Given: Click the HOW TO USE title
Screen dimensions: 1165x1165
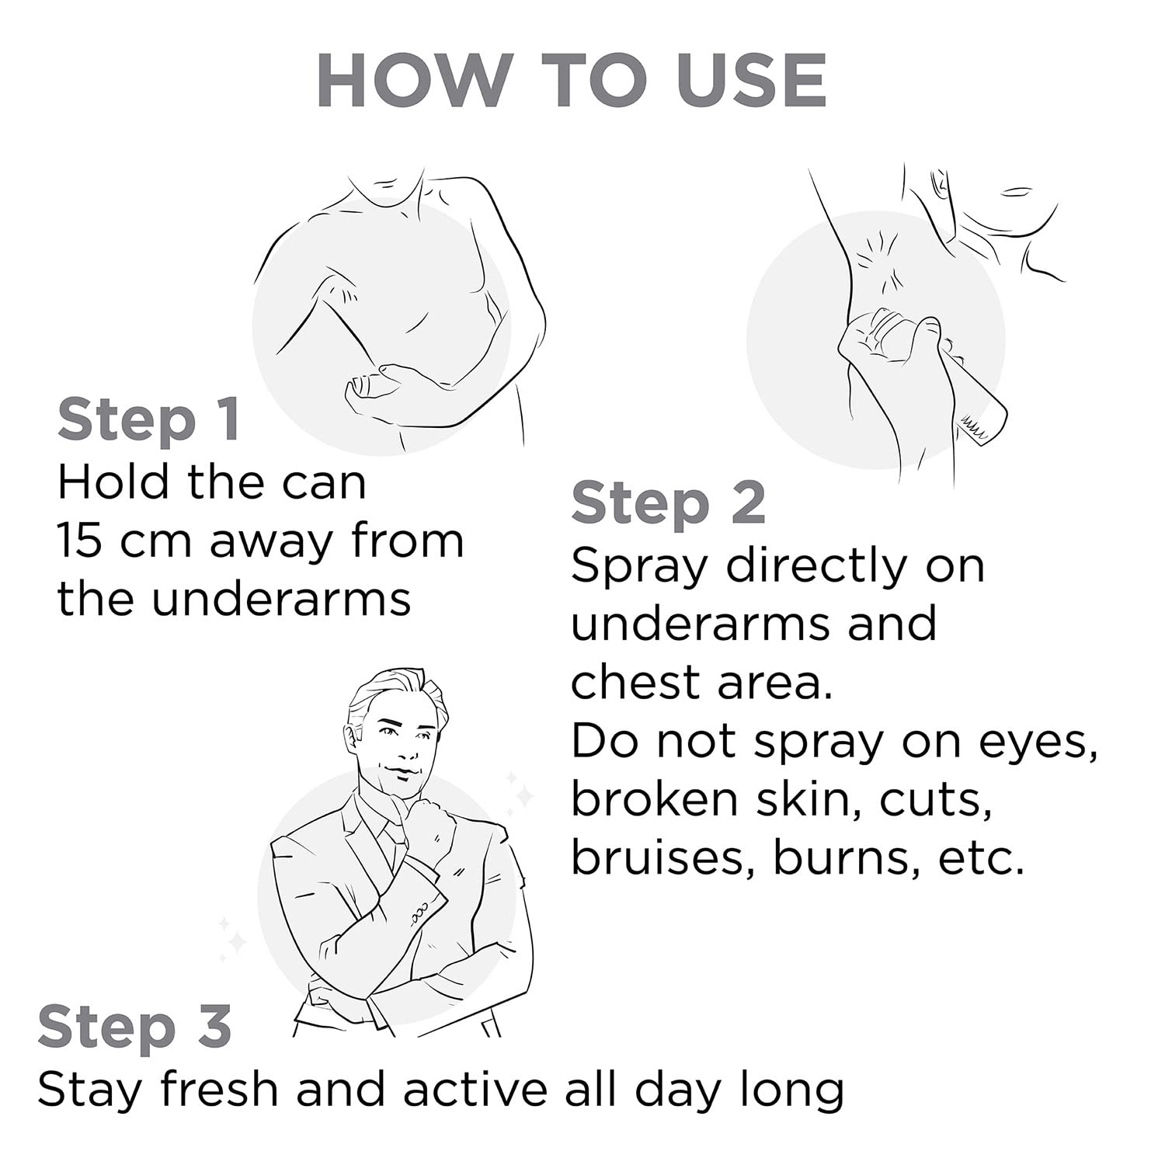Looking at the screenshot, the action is pos(572,81).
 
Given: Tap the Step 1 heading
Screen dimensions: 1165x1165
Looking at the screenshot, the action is pos(148,420).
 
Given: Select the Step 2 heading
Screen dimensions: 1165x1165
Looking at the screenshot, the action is pos(669,504).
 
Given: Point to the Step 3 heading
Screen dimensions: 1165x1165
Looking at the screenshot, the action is pos(134,1027).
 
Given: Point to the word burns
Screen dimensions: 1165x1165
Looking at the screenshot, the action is pos(847,857).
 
